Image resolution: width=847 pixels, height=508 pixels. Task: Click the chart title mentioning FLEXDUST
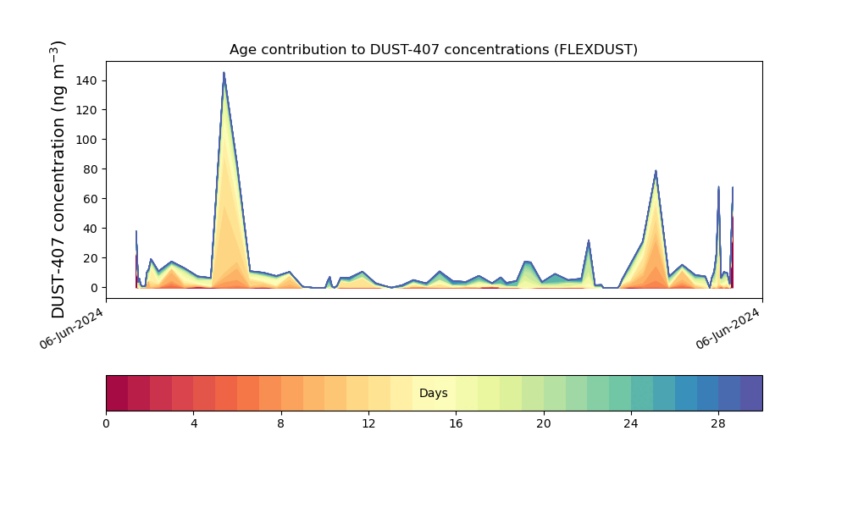coord(433,50)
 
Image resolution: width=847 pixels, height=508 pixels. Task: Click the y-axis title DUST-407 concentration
coord(58,179)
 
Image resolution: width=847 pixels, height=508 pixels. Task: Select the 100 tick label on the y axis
coord(87,140)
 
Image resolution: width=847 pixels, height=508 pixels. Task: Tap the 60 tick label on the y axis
coord(91,199)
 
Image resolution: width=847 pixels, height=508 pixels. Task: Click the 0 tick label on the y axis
coord(95,288)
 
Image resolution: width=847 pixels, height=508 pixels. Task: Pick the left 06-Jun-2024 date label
coord(71,329)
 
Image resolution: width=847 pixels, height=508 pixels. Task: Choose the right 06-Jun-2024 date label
coord(728,329)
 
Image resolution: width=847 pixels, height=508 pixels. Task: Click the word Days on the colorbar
coord(433,393)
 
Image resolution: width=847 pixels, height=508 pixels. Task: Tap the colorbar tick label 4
coord(194,424)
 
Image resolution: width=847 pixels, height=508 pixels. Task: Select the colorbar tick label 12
coord(368,424)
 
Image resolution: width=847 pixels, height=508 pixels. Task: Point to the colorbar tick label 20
coord(544,424)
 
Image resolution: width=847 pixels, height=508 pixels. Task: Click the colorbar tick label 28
coord(718,424)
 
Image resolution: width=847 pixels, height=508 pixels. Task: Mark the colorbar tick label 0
coord(106,424)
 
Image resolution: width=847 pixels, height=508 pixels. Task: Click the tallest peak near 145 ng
coord(224,73)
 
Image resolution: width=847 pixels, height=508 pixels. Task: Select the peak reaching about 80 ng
coord(656,171)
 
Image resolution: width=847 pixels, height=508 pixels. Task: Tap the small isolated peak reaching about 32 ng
coord(589,240)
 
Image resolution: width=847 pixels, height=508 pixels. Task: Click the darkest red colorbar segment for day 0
coord(117,393)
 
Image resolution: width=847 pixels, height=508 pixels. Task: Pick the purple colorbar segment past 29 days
coord(751,393)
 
